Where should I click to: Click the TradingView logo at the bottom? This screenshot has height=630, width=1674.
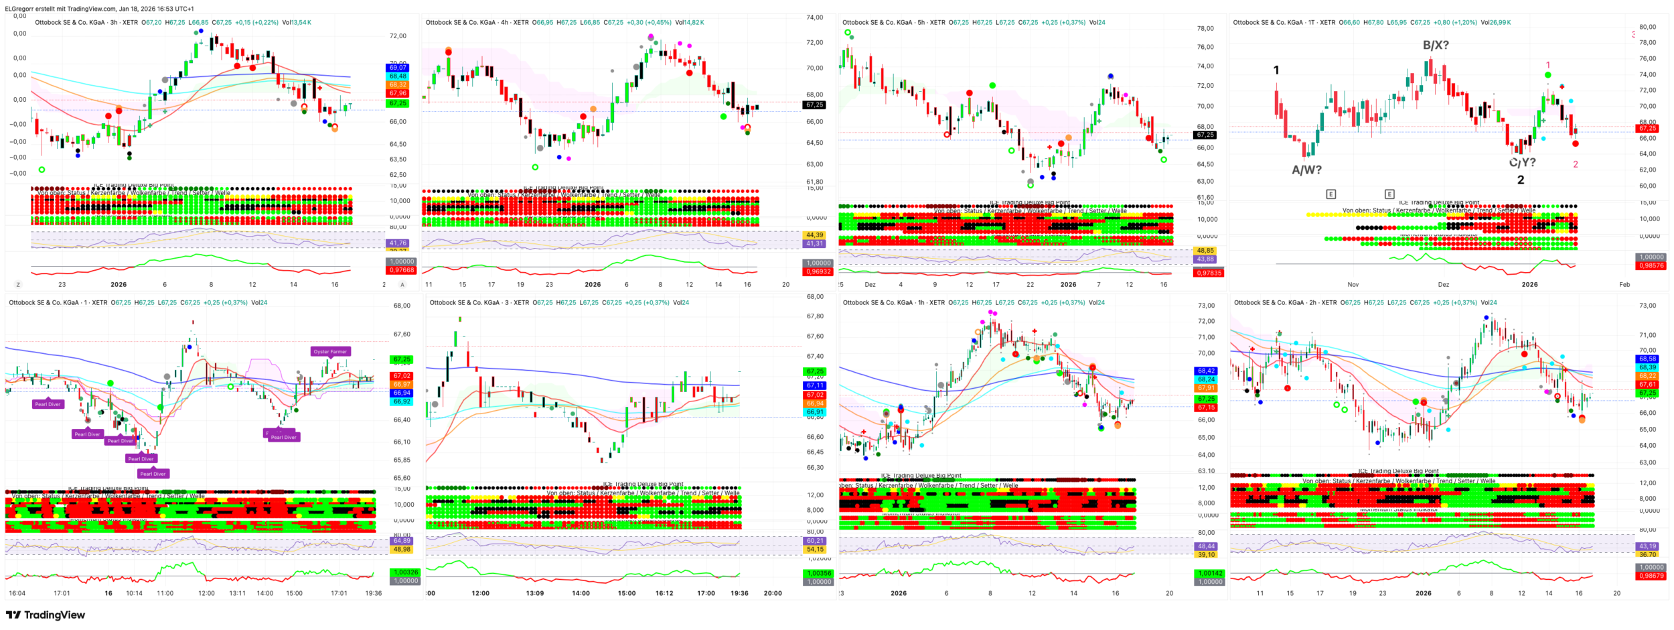(46, 615)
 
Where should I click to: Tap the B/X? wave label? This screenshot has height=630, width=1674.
(1436, 46)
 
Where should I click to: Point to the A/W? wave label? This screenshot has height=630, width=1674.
(1306, 170)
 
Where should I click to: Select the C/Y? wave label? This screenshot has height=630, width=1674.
(1522, 162)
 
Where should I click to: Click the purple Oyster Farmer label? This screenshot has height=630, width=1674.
(330, 351)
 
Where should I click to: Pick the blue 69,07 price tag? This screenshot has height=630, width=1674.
(398, 68)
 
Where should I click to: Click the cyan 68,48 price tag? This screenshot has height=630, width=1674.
(398, 76)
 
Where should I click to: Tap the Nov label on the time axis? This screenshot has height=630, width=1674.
(1353, 285)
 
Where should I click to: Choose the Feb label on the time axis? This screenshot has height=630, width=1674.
(1624, 285)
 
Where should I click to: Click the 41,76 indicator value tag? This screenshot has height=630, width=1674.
(398, 243)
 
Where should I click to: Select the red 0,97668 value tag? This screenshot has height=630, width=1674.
(401, 270)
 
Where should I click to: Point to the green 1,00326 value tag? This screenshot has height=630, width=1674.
(404, 572)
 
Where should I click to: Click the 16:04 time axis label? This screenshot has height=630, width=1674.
(17, 593)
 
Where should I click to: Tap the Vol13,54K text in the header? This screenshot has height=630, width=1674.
(297, 23)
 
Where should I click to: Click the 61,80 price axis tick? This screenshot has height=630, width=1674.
(814, 182)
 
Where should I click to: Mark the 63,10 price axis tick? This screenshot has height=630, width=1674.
(1206, 471)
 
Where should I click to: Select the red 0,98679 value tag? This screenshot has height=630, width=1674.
(1651, 576)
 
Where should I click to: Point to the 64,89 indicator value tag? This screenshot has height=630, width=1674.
(402, 541)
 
